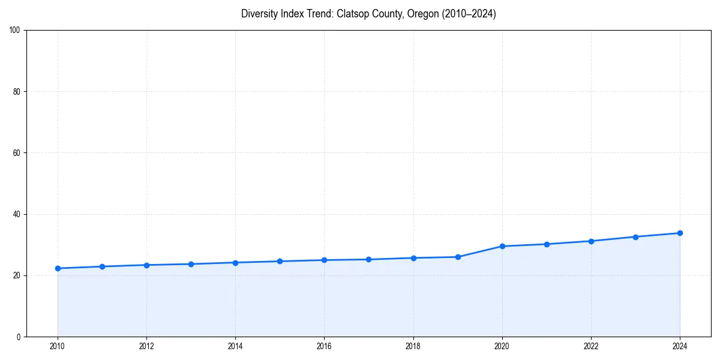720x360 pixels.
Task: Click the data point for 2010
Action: [58, 268]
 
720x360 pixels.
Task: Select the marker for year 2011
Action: [102, 266]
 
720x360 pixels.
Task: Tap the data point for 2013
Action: [191, 264]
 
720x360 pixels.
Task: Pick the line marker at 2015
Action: [280, 261]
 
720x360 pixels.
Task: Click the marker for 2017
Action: [368, 259]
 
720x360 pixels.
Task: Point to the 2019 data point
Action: [458, 257]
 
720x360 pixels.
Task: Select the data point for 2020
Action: [502, 246]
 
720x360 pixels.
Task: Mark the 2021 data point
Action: [547, 244]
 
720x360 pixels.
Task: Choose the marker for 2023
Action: [635, 236]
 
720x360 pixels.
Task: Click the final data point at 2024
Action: [680, 233]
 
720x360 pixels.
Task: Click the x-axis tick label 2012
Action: [146, 346]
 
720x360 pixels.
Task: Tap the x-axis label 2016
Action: [324, 346]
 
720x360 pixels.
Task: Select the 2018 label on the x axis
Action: [413, 346]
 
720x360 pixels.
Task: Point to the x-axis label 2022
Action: [591, 346]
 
